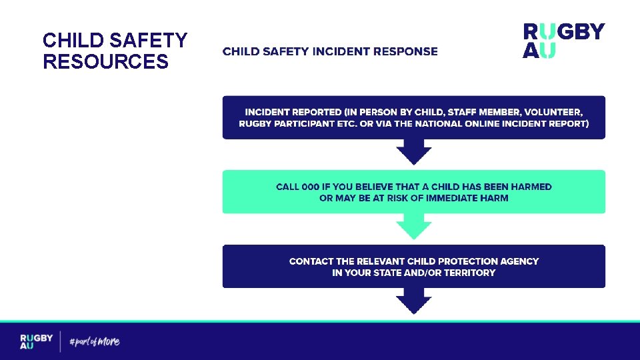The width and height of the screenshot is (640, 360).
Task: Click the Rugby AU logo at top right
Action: pyautogui.click(x=563, y=41)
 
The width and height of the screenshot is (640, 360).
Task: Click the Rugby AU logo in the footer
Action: pyautogui.click(x=36, y=341)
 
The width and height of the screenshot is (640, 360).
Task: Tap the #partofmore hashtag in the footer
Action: pyautogui.click(x=95, y=342)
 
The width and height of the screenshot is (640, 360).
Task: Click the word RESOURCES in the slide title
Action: pyautogui.click(x=105, y=62)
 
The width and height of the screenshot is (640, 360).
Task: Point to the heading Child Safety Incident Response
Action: pyautogui.click(x=330, y=51)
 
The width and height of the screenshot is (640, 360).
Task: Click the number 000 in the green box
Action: pyautogui.click(x=311, y=187)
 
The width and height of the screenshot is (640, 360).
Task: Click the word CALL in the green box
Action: pyautogui.click(x=287, y=187)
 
